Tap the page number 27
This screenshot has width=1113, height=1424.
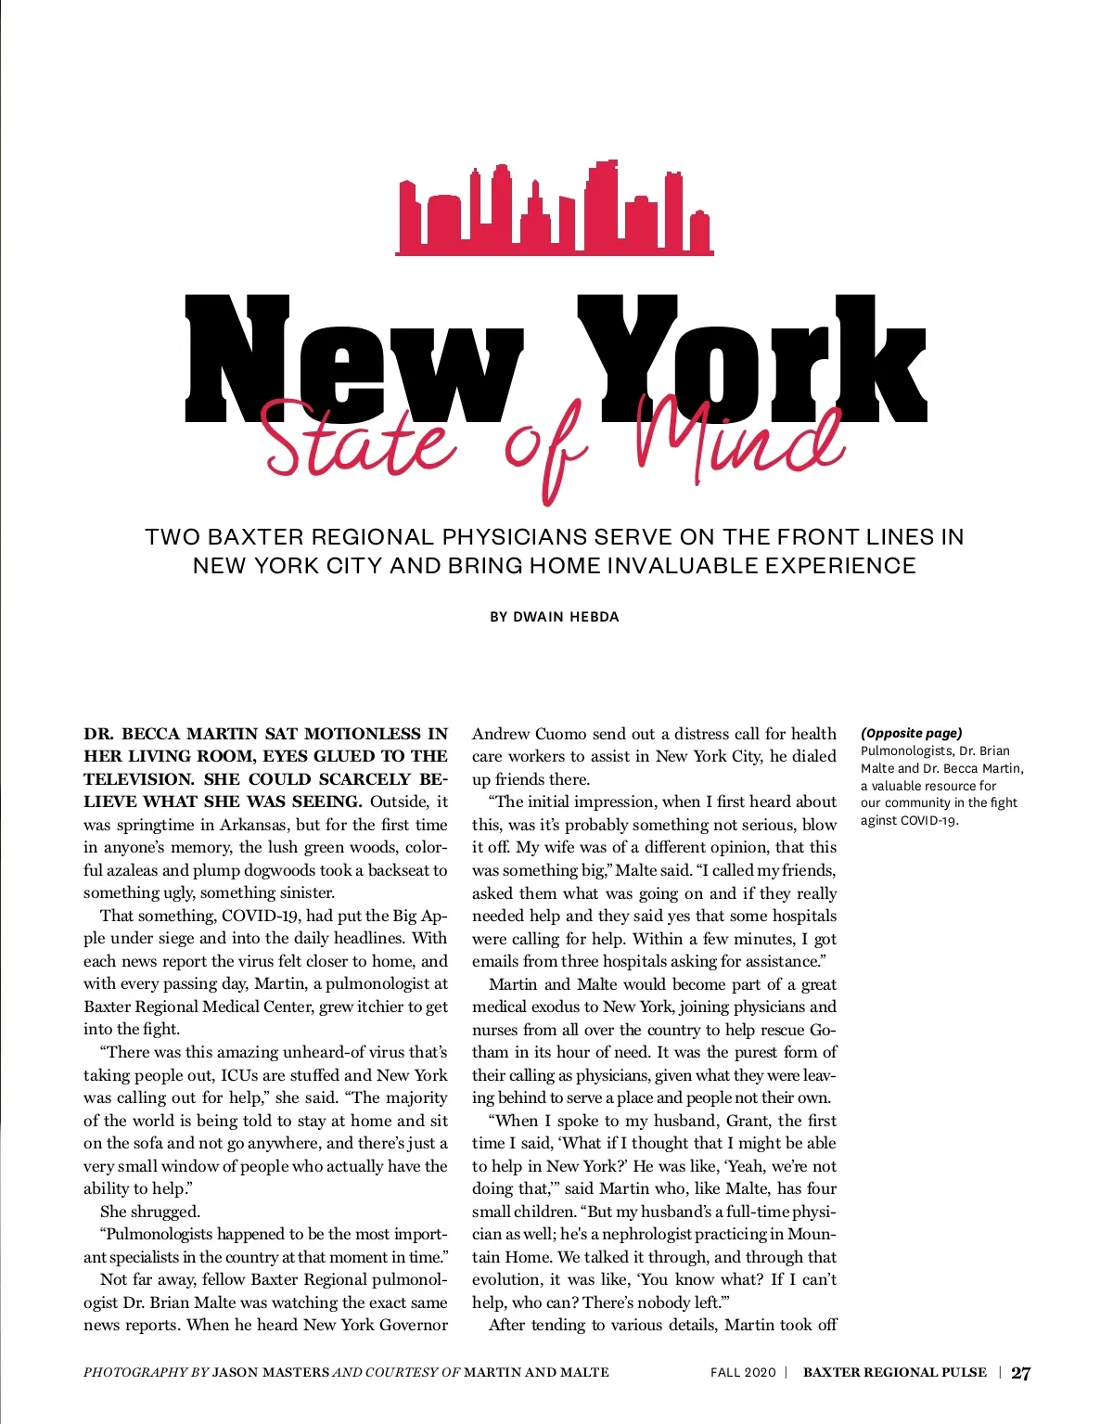point(1020,1373)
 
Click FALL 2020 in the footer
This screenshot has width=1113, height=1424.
point(742,1373)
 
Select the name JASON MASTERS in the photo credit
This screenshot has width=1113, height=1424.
point(271,1373)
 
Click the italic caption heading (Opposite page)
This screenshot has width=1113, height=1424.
point(911,733)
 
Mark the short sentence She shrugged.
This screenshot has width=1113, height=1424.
point(150,1212)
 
